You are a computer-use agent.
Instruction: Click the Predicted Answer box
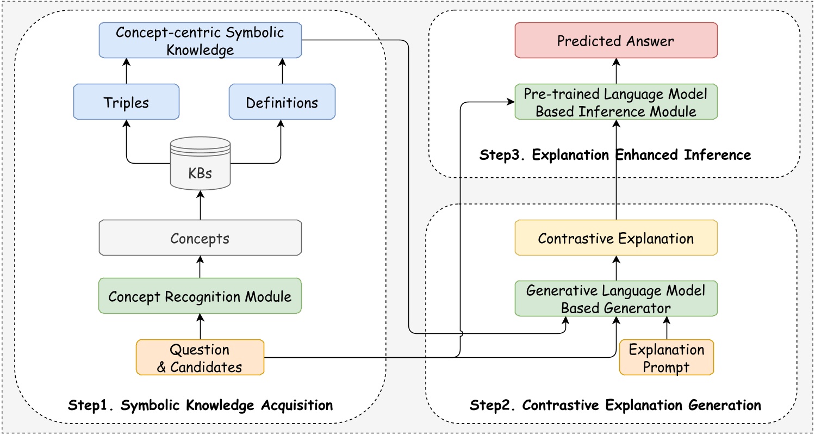point(615,40)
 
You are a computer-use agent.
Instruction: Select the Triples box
point(126,102)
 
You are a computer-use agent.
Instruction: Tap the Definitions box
point(282,102)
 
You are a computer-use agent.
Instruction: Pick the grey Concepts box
point(200,238)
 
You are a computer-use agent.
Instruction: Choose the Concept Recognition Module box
point(200,296)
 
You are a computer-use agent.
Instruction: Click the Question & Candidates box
point(200,357)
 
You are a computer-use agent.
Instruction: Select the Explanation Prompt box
point(666,357)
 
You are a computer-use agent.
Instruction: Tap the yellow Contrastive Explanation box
point(615,238)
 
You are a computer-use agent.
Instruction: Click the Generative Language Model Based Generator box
point(615,299)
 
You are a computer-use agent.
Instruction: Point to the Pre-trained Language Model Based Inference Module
point(615,102)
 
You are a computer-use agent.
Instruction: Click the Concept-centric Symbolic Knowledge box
point(200,40)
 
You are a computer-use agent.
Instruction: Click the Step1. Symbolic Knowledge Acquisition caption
point(200,405)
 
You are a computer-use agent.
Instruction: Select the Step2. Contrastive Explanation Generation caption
point(614,405)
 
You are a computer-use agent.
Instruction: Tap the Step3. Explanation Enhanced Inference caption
point(615,155)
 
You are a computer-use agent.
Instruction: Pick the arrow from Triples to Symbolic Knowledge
point(126,71)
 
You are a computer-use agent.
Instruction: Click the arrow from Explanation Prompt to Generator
point(667,328)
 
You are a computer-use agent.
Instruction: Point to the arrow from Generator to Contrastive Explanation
point(615,268)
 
